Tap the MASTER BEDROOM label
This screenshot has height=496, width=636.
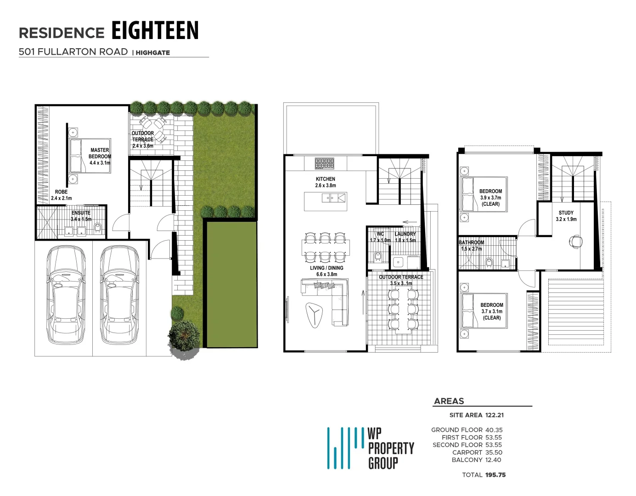(x=100, y=156)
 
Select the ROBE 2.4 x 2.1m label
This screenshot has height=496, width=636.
(x=61, y=195)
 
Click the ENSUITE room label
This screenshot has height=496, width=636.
(x=81, y=216)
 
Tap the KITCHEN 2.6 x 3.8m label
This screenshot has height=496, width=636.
(x=325, y=182)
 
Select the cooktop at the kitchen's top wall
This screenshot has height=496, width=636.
(x=324, y=163)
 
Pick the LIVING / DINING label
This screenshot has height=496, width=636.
(x=326, y=271)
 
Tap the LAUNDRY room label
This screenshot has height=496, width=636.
(x=405, y=237)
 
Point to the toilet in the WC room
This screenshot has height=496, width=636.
(x=377, y=255)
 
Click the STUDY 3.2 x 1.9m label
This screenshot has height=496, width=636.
(x=566, y=216)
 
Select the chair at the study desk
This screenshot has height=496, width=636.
(x=575, y=240)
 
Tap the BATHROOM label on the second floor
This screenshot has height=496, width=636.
(x=472, y=245)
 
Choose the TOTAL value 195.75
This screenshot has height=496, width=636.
(x=495, y=475)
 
